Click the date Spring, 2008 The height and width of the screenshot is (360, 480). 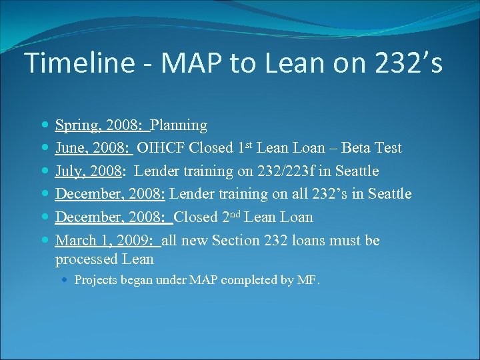(101, 125)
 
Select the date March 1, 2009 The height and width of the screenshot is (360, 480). (106, 240)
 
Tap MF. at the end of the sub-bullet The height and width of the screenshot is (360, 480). (309, 280)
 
